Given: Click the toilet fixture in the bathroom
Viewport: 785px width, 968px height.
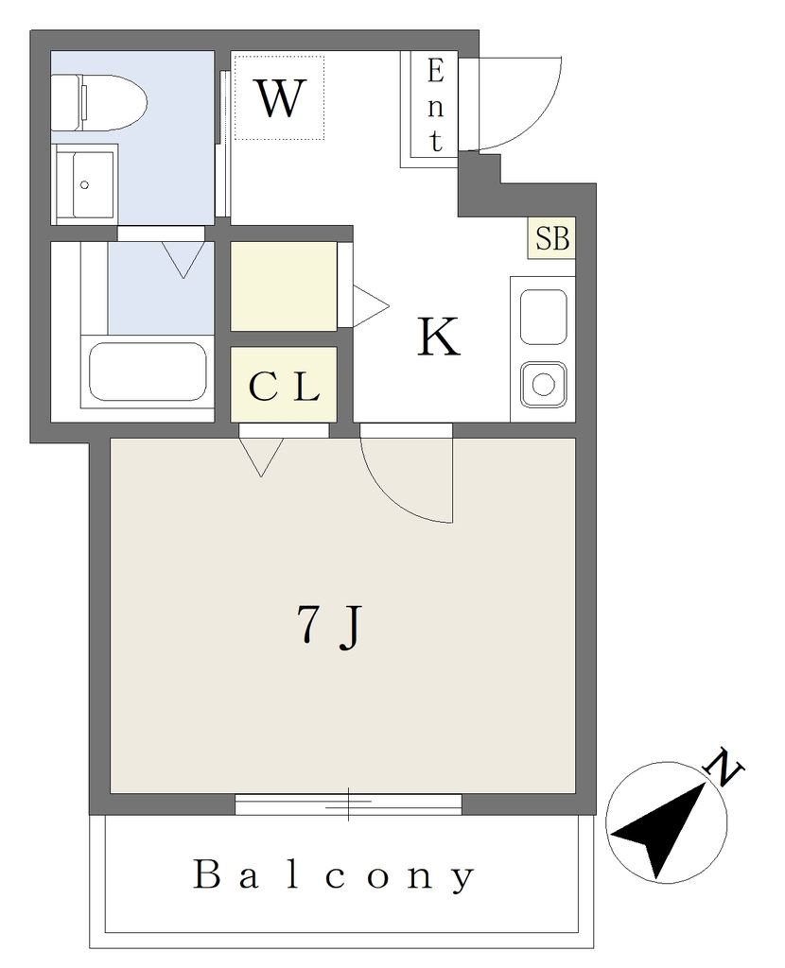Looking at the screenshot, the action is click(x=98, y=102).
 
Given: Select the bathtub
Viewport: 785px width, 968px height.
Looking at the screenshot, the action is click(x=148, y=372).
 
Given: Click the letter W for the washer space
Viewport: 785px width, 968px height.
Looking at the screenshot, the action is click(x=280, y=98).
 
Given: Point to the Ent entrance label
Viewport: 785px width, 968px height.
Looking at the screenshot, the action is click(x=435, y=107).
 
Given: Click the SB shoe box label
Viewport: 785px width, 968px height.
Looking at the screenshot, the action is click(x=552, y=238).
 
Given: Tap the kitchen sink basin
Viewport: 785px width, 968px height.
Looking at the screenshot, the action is click(x=544, y=317).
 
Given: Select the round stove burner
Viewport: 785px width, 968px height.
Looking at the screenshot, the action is click(x=544, y=385).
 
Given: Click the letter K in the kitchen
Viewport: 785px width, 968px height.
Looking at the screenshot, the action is click(x=439, y=337).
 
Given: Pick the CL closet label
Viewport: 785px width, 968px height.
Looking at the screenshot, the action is click(x=284, y=387).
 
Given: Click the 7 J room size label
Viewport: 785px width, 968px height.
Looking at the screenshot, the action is click(x=329, y=626).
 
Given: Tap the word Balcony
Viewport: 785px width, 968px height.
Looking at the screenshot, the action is click(x=334, y=875).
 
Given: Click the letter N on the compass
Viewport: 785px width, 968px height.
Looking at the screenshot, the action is click(x=724, y=766).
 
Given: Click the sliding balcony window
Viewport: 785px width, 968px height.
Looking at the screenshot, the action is click(x=348, y=804).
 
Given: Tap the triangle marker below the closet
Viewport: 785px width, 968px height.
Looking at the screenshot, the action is click(x=261, y=457).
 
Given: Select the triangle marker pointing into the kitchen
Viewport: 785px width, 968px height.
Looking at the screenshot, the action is click(x=370, y=305).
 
